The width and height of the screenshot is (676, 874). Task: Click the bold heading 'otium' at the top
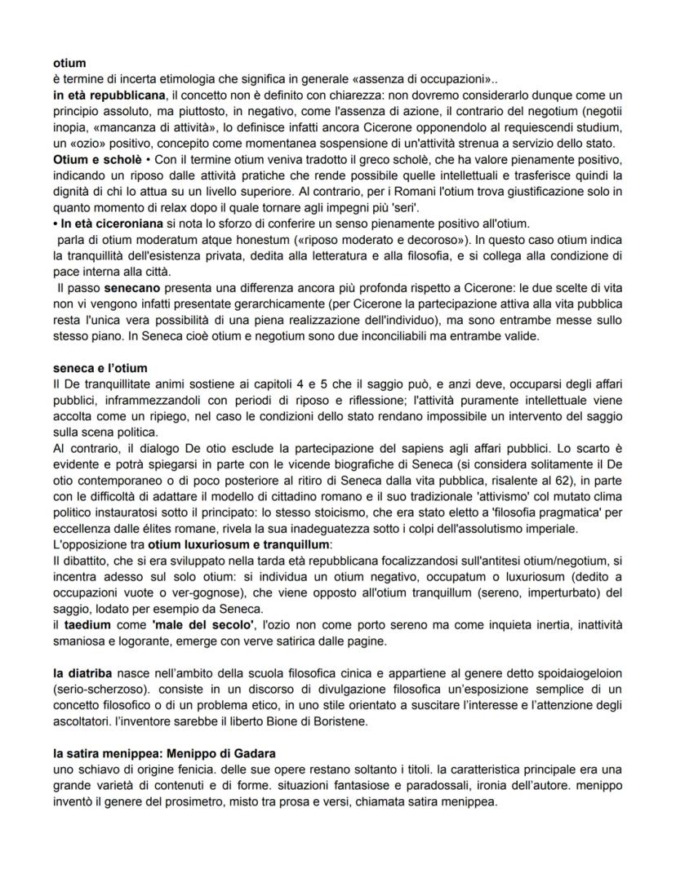[x=69, y=62]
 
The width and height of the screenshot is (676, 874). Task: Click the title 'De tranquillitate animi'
[x=131, y=384]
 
